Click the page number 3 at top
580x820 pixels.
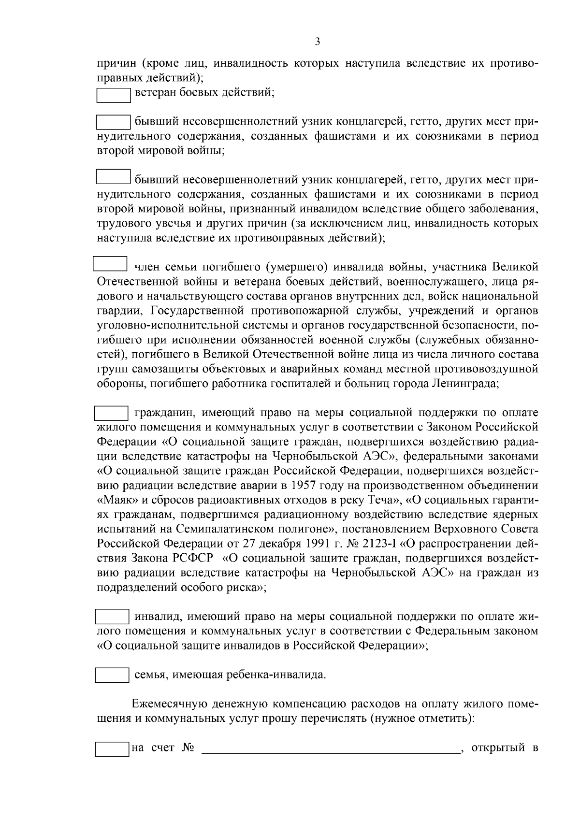(317, 42)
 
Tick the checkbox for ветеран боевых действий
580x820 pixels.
(114, 95)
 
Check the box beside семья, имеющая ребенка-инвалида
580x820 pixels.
(112, 675)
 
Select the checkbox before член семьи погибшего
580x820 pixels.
(110, 264)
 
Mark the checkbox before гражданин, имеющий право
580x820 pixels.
(111, 414)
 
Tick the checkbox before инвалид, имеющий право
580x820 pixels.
(112, 617)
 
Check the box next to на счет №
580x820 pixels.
(112, 749)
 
